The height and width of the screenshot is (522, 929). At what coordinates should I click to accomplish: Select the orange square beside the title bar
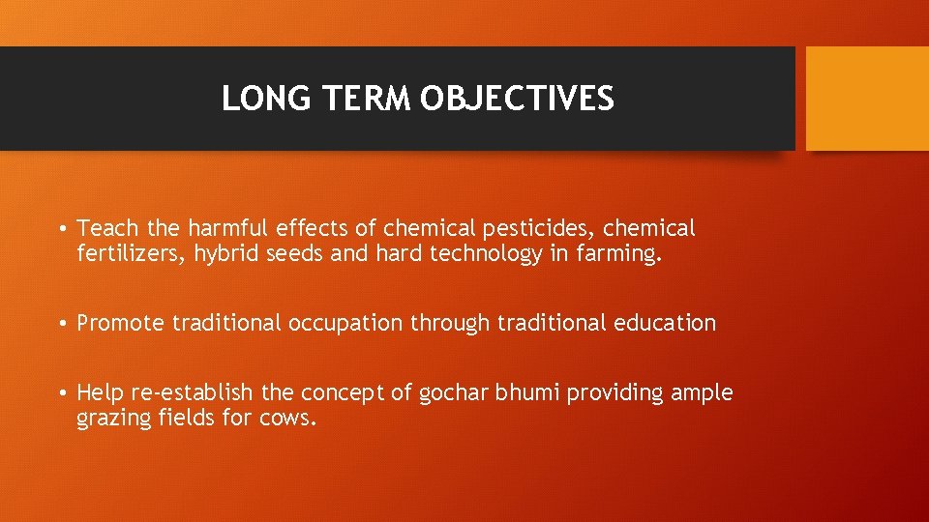867,99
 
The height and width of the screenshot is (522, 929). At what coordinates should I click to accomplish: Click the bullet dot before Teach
61,229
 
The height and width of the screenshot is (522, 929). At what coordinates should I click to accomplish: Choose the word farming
618,254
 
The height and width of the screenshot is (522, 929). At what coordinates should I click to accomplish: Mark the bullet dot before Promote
61,323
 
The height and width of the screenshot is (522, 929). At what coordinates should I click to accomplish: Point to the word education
665,323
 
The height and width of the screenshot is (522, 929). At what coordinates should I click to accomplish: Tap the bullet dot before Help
61,393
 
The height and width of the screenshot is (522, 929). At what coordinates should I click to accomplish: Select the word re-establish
193,393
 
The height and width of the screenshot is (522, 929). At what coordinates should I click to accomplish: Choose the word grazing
113,419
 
